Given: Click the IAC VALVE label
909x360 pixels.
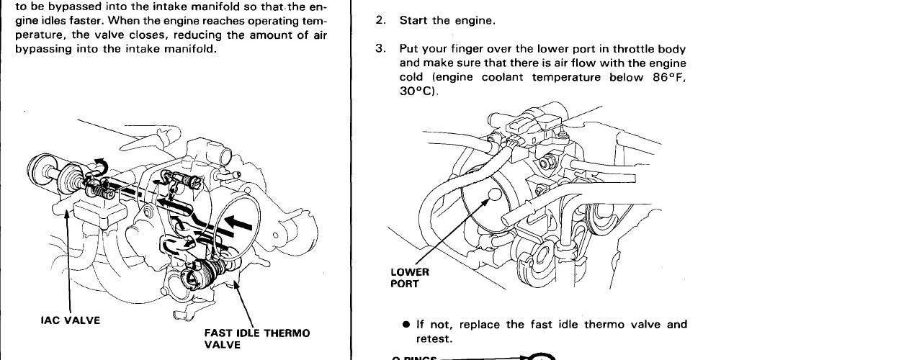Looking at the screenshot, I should (69, 320).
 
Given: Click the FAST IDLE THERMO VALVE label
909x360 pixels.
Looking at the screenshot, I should (256, 338).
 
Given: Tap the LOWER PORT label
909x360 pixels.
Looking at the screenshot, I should (410, 278).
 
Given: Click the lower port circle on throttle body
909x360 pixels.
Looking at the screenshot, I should (493, 194).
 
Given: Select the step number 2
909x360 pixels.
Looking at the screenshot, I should (380, 21).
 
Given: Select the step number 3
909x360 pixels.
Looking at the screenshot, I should (380, 49).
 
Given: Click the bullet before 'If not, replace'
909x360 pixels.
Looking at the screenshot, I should (407, 325).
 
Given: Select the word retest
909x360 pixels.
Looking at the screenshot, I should (434, 338).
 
